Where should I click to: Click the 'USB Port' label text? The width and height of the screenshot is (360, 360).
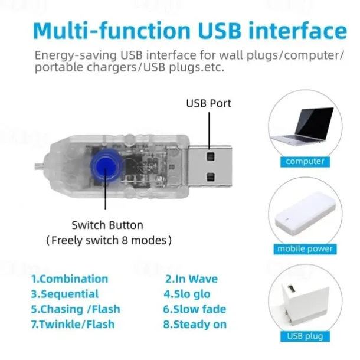tap(208, 103)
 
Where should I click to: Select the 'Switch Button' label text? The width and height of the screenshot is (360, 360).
tap(107, 225)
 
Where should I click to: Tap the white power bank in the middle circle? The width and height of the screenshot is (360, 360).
tap(305, 217)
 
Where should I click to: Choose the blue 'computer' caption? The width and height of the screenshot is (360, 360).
tap(305, 161)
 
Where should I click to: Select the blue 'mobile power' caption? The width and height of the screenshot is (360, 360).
tap(305, 249)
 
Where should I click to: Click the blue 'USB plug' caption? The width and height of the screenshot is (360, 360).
tap(305, 336)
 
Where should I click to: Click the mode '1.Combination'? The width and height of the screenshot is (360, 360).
tap(70, 279)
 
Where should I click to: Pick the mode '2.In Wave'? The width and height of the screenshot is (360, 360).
tap(191, 279)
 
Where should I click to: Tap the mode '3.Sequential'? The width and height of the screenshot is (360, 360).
tap(65, 294)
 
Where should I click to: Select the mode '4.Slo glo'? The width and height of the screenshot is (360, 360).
tap(186, 294)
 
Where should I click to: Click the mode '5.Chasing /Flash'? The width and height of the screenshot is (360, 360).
tap(76, 309)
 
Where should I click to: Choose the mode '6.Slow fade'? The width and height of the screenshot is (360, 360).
tap(194, 309)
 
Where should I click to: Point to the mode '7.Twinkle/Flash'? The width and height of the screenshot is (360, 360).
tap(73, 324)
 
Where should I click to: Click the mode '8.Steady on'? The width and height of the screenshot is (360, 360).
tap(195, 324)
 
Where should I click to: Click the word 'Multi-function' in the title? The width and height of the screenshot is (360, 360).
tap(110, 31)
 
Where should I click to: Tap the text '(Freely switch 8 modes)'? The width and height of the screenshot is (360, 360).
tap(109, 240)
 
